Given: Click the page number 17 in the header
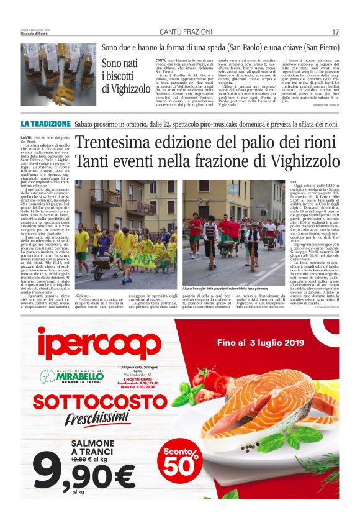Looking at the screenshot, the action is pyautogui.click(x=335, y=32).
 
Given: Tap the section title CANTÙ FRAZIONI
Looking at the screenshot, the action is pyautogui.click(x=180, y=32).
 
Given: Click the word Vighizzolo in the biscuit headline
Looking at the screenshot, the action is pyautogui.click(x=127, y=89).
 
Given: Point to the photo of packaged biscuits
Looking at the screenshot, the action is pyautogui.click(x=58, y=75).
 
